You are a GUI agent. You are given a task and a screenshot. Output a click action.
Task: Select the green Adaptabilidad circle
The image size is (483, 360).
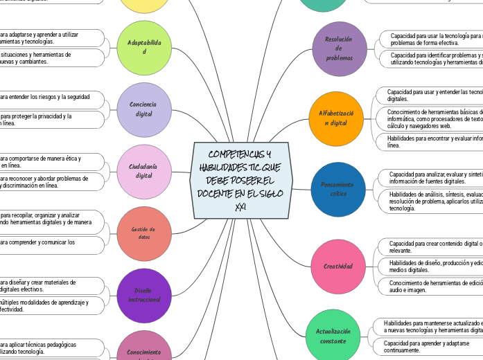[144, 47]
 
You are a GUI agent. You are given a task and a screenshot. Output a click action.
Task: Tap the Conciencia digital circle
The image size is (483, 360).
[144, 109]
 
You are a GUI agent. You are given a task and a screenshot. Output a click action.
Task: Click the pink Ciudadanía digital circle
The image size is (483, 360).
[144, 171]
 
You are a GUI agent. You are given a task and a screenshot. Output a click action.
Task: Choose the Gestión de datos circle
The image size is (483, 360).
[144, 233]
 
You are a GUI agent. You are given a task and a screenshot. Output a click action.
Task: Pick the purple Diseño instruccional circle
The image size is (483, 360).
[144, 295]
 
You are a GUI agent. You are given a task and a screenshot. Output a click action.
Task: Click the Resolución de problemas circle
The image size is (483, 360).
[340, 48]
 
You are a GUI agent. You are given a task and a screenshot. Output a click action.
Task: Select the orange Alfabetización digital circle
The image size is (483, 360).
[336, 118]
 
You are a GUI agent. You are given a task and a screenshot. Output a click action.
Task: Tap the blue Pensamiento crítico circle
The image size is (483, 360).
[337, 189]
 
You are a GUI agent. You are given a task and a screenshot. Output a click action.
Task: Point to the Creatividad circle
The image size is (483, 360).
[337, 266]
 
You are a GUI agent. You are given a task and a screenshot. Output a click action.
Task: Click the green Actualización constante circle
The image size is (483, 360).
[332, 336]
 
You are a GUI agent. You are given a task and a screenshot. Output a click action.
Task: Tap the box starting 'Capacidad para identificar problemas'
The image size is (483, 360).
[432, 58]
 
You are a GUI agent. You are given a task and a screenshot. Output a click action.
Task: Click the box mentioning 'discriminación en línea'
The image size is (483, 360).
[49, 181]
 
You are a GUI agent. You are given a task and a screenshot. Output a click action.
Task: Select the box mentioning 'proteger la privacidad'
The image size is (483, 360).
[49, 120]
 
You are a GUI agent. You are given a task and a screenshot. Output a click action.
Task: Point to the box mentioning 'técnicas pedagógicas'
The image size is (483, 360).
[49, 348]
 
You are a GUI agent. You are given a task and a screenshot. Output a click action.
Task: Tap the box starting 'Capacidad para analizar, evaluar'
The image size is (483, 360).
[431, 178]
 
